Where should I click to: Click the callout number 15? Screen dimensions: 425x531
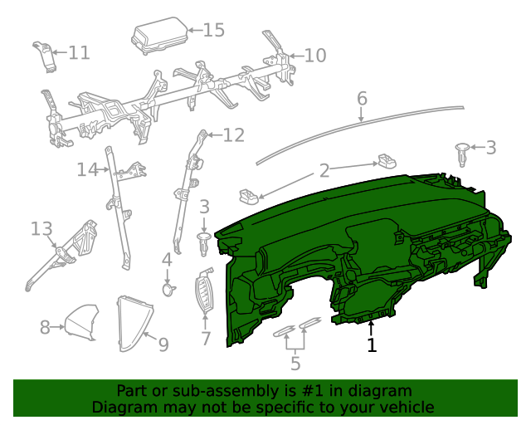[213, 30]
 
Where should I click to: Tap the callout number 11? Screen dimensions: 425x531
[78, 53]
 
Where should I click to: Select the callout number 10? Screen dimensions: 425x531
[315, 56]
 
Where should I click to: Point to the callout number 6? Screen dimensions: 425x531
[362, 99]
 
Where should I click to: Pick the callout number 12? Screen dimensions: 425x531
[234, 134]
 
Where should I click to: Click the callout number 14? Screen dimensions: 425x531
[87, 169]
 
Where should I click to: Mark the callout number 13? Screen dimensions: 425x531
[41, 227]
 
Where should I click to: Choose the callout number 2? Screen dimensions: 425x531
[324, 171]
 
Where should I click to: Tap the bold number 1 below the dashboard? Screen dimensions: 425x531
[372, 344]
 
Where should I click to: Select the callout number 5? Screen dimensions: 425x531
[295, 363]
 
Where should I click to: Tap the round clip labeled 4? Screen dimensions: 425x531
[168, 289]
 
